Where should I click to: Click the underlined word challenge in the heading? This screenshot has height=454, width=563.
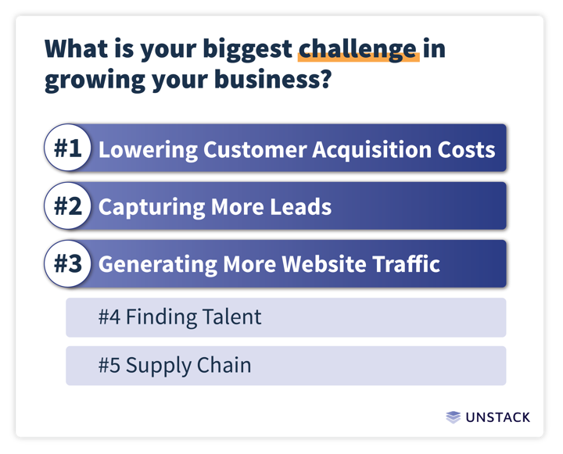tap(358, 49)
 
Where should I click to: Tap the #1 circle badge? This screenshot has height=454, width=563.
tap(68, 148)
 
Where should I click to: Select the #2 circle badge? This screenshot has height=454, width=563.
tap(68, 206)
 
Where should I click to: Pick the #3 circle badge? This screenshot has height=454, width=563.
tap(68, 264)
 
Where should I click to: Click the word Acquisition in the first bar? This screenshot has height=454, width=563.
tap(371, 150)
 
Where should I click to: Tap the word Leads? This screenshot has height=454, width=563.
tap(300, 207)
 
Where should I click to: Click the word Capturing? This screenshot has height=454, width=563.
tap(151, 208)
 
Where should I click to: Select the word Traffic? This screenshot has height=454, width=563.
tap(406, 264)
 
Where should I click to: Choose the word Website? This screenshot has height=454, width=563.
tap(324, 264)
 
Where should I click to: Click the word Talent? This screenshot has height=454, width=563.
tap(231, 317)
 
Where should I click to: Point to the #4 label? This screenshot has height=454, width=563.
tap(109, 317)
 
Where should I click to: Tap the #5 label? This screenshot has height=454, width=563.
tap(109, 366)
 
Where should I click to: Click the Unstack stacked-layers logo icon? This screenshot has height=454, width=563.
tap(453, 417)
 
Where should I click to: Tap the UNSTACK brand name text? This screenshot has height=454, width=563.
tap(497, 417)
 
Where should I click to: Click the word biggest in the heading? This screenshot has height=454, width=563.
tap(247, 50)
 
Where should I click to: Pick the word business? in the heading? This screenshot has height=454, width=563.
tap(272, 80)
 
